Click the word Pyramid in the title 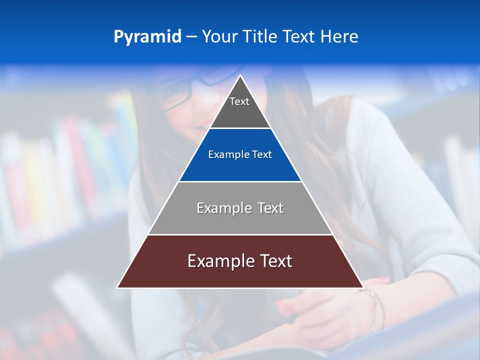click(x=147, y=37)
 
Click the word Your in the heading click(x=219, y=36)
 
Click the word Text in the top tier click(x=239, y=101)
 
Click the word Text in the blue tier click(x=262, y=155)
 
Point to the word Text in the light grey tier click(x=270, y=208)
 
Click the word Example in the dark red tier click(x=221, y=261)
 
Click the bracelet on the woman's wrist click(x=377, y=305)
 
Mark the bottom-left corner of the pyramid click(x=117, y=287)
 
